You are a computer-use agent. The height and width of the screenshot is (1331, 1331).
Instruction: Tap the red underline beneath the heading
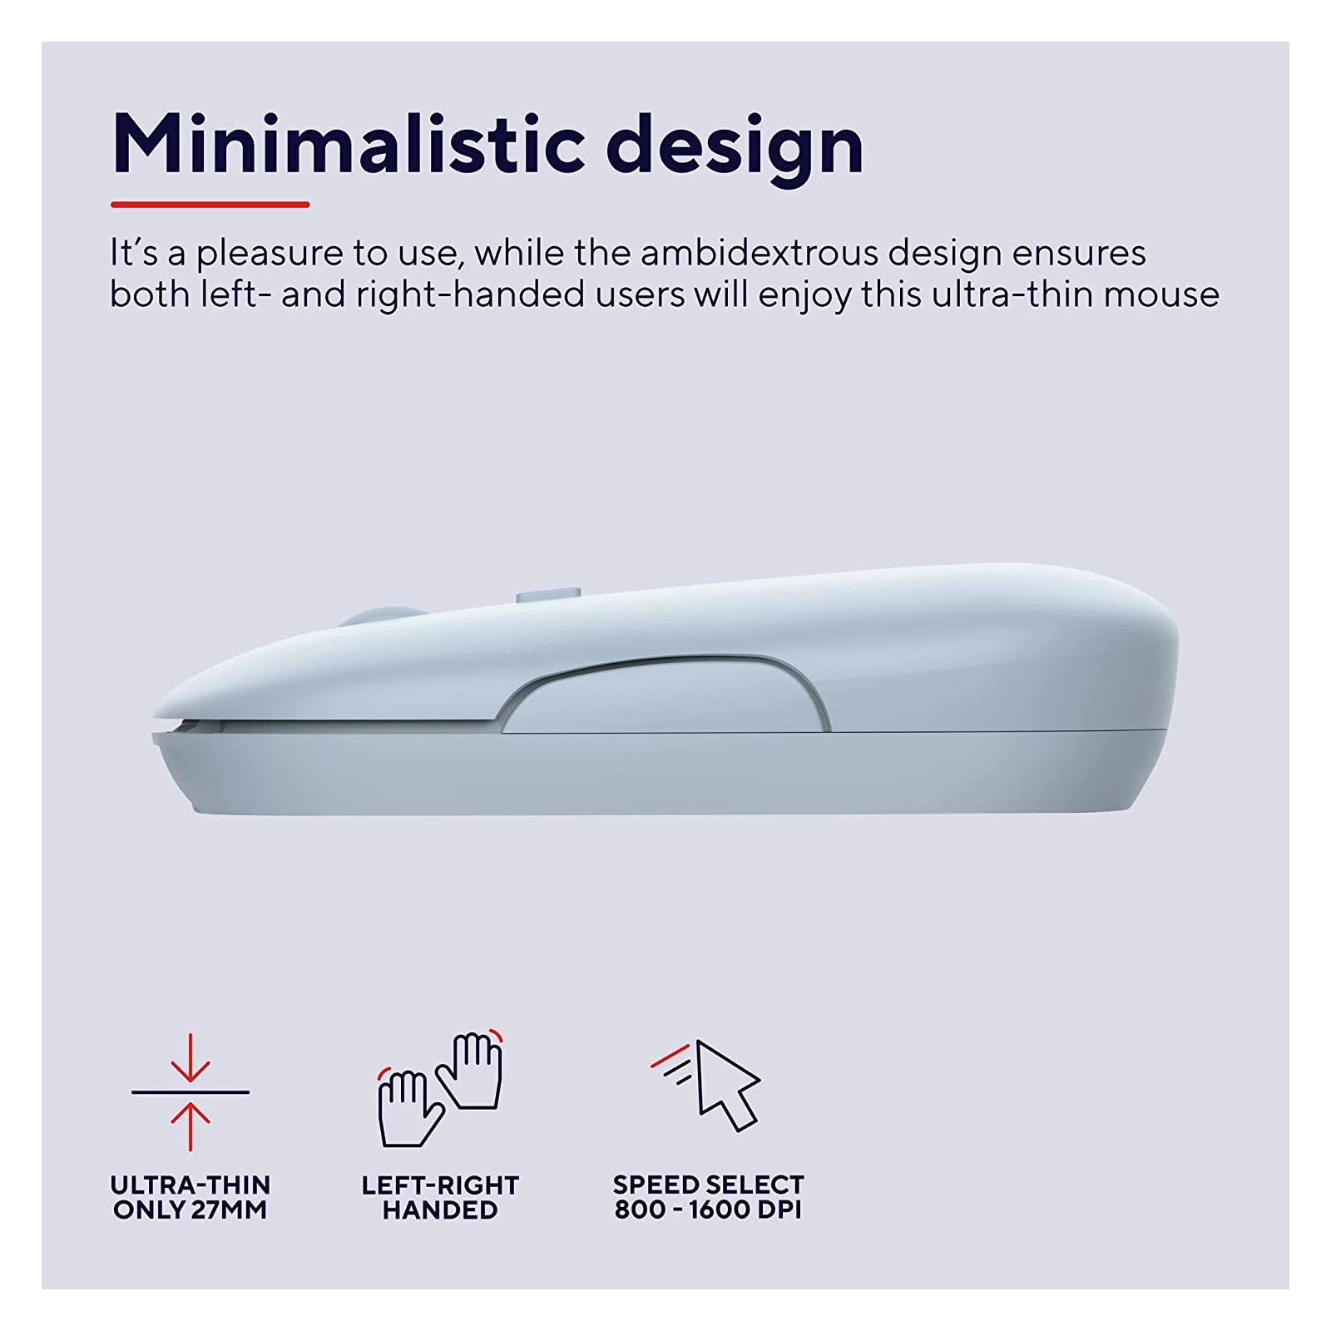point(210,204)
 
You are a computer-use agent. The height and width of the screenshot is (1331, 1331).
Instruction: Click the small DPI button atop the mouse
point(548,596)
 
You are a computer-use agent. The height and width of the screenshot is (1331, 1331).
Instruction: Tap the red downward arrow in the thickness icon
point(190,1057)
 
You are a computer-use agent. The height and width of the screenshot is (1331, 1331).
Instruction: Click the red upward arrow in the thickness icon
point(190,1126)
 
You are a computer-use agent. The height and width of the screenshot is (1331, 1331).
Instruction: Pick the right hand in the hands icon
point(471,1071)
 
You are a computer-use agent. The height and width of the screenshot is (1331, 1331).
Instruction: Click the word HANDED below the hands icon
point(440,1210)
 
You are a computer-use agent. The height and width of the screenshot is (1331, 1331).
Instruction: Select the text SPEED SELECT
point(708,1185)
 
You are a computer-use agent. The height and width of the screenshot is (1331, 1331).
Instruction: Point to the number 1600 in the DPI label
point(720,1210)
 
